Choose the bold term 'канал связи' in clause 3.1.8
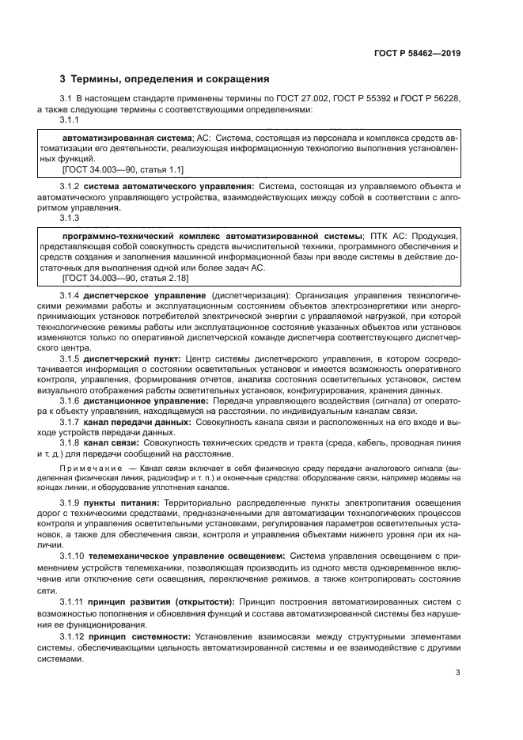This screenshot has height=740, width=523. click(x=116, y=443)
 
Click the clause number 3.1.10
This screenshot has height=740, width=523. click(x=73, y=556)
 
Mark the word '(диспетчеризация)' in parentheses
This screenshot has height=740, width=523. click(x=244, y=294)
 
